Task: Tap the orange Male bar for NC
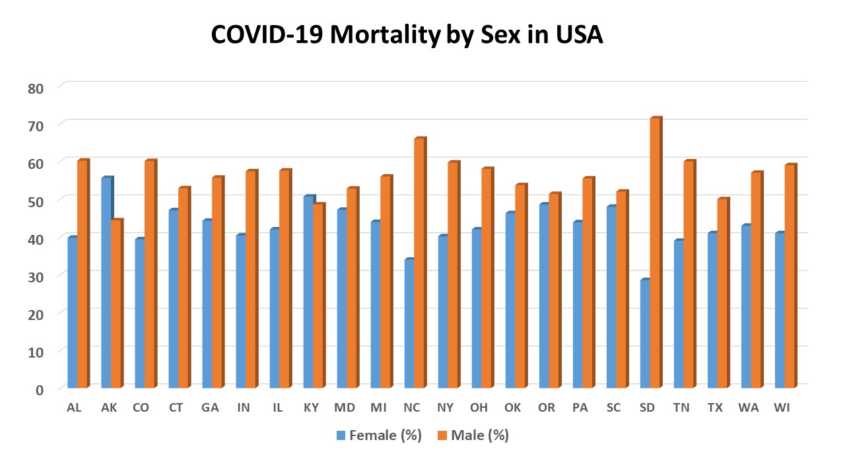coord(420,263)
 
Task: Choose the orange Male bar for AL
coord(83,274)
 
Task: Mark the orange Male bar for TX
coord(722,293)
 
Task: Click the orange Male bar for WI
coord(790,276)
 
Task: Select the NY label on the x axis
coord(446,408)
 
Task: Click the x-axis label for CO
coord(141,408)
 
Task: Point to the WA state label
coord(749,408)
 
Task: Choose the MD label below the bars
coord(344,408)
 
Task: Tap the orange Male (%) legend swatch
coord(442,435)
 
